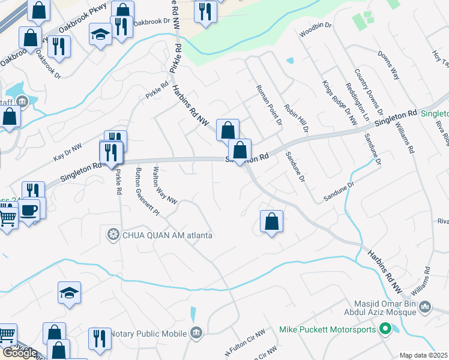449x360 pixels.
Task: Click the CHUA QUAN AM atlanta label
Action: (167, 235)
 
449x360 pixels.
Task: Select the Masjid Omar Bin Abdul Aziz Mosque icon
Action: (426, 307)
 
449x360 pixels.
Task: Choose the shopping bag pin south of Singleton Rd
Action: (272, 221)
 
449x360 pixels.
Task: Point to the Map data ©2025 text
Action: (424, 355)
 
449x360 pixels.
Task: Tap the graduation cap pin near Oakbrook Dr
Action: (100, 35)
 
